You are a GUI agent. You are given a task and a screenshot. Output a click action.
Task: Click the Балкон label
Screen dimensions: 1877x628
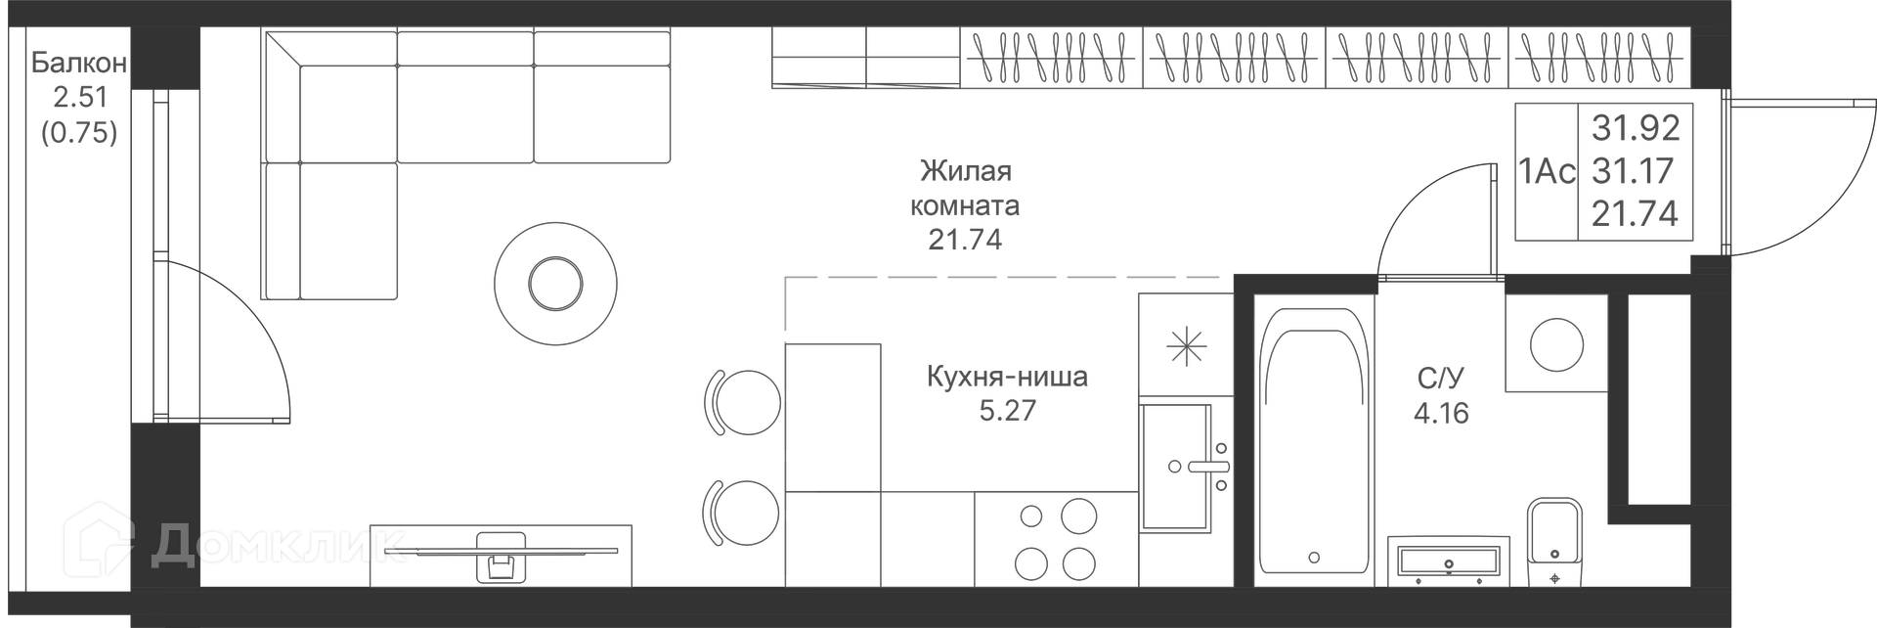point(79,64)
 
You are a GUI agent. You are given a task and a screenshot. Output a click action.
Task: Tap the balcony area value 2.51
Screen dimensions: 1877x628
point(79,98)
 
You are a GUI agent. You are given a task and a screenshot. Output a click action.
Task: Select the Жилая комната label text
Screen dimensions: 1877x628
point(965,188)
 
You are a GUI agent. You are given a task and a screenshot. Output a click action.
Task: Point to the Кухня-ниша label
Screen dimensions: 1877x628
point(1007,377)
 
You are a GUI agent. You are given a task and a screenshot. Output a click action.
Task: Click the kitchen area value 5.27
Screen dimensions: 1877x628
point(1007,411)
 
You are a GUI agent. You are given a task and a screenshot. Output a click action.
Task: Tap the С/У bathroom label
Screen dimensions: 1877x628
point(1441,379)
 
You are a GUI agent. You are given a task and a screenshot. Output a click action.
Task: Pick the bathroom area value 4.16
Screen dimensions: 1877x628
point(1441,413)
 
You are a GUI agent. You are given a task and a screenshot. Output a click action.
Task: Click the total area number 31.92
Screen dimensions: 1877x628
point(1636,127)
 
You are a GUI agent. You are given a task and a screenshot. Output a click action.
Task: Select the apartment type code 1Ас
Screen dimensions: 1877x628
point(1548,172)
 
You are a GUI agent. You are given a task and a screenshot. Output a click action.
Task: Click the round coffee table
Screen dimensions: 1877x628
point(555,284)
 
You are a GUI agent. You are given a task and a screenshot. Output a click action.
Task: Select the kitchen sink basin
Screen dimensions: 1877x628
point(1176,468)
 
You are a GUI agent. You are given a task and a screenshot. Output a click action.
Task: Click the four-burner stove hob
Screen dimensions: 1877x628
point(1056,539)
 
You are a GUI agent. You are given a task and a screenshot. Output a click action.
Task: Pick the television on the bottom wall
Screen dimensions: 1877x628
point(501,555)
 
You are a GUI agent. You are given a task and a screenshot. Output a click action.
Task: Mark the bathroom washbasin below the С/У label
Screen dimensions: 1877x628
point(1449,561)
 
